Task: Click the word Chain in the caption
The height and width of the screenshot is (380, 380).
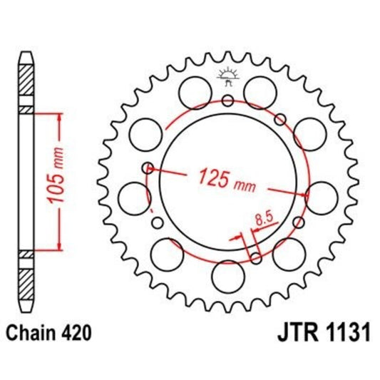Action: pyautogui.click(x=29, y=332)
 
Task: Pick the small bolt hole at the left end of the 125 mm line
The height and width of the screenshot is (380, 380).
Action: pyautogui.click(x=148, y=168)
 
